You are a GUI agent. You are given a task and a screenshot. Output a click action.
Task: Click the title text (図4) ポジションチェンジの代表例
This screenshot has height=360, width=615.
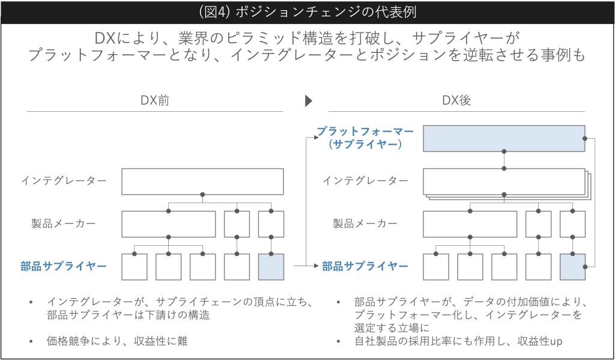(307, 12)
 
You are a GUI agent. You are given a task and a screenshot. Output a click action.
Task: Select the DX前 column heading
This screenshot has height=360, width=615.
(155, 100)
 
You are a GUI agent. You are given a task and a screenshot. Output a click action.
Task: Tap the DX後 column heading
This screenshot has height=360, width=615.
(456, 100)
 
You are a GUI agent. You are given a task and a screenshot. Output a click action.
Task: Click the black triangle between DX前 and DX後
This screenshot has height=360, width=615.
(309, 101)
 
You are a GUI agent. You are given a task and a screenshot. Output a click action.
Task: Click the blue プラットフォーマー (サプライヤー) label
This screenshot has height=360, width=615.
(365, 138)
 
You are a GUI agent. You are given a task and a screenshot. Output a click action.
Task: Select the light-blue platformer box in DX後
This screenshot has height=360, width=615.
(504, 138)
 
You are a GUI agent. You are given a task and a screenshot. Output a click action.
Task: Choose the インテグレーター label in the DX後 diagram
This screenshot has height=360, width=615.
(365, 180)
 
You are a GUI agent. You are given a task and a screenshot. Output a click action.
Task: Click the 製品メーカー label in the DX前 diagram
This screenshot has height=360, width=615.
(64, 224)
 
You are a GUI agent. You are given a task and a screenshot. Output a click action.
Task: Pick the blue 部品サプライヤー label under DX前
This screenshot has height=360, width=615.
(64, 267)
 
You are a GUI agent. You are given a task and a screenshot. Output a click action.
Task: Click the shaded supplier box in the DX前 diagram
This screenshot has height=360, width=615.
(271, 267)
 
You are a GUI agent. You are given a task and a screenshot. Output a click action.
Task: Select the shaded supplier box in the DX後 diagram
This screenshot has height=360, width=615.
(572, 267)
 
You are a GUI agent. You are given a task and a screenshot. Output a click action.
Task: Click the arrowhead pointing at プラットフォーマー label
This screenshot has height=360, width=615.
(317, 138)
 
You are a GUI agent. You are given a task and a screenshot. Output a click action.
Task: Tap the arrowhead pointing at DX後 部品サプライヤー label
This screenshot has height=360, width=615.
(317, 266)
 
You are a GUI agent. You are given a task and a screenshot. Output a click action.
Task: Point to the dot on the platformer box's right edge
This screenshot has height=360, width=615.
(585, 139)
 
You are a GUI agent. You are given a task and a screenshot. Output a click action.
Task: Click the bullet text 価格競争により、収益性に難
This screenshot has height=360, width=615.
(117, 341)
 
